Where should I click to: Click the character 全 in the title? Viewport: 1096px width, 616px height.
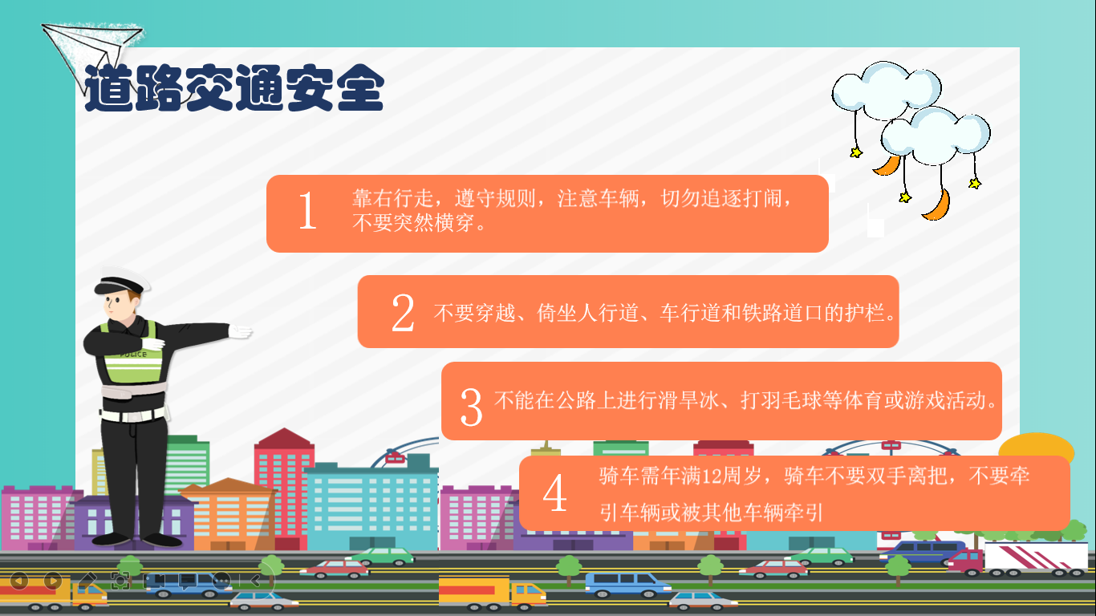tap(360, 88)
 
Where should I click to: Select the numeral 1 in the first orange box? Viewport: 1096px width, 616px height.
tap(307, 210)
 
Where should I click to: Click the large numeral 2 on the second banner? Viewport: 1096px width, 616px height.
tap(403, 313)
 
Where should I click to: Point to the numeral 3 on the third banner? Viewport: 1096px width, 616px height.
tap(471, 407)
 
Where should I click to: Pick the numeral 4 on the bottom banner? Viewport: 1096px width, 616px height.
tap(555, 493)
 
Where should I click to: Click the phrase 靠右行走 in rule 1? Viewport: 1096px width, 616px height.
tap(392, 198)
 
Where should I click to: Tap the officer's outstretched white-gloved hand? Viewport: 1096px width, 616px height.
tap(240, 332)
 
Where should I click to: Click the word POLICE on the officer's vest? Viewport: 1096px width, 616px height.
tap(133, 355)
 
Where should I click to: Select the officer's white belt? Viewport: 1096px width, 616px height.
tap(134, 415)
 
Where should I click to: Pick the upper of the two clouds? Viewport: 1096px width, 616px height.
tap(886, 90)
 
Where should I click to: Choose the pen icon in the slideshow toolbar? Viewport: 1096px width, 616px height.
tap(87, 580)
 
